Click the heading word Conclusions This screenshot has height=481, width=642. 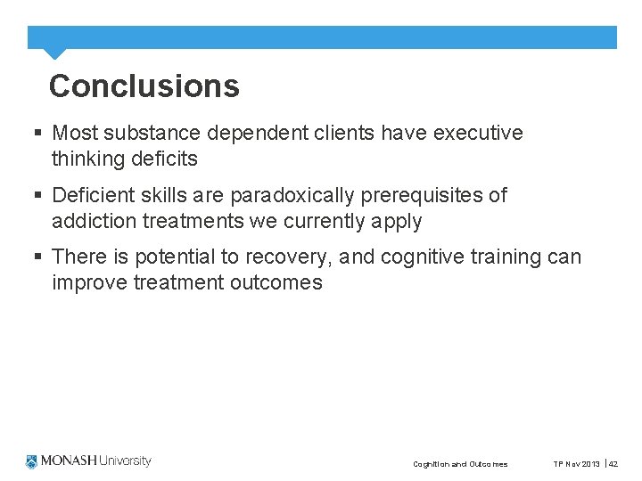[144, 86]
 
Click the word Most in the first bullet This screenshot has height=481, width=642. [75, 134]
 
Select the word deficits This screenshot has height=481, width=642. [161, 159]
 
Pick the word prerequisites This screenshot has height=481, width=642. [422, 195]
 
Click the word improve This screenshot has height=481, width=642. [91, 283]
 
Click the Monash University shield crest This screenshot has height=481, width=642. [33, 461]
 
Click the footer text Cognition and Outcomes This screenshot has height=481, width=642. [460, 464]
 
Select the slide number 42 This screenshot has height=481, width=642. [613, 464]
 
